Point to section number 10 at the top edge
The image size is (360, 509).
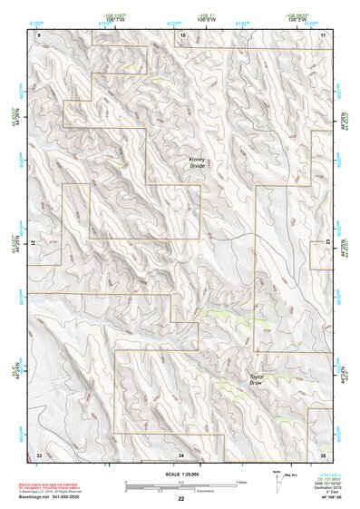pos(183,34)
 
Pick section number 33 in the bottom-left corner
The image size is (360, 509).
pos(39,453)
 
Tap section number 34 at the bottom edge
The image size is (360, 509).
pos(181,453)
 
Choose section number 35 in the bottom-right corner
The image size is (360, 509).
pos(322,453)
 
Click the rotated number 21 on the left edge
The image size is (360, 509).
pos(37,242)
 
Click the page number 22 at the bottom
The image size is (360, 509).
pos(180,499)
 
